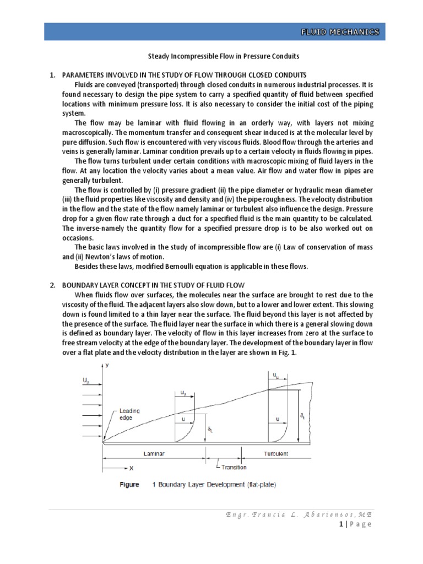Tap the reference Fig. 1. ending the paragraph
(x=286, y=354)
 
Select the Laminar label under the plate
(x=154, y=453)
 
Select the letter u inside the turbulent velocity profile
(x=278, y=419)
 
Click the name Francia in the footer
(x=262, y=513)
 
